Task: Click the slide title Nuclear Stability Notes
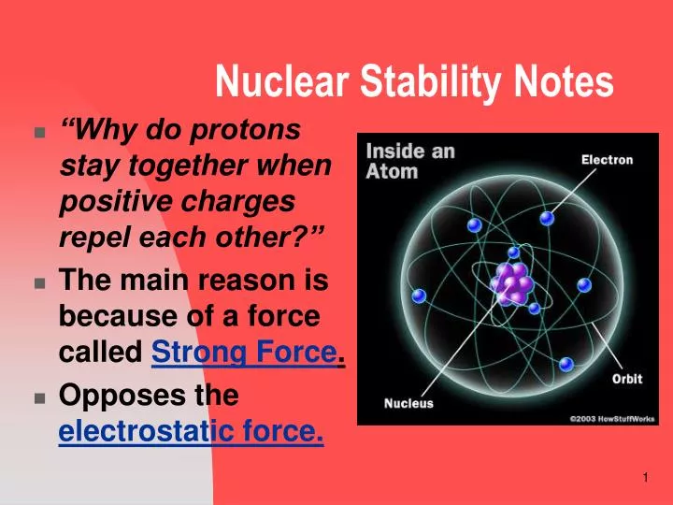pyautogui.click(x=414, y=82)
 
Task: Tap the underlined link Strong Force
pyautogui.click(x=243, y=354)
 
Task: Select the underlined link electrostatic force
pyautogui.click(x=191, y=433)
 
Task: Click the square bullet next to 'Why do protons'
pyautogui.click(x=39, y=133)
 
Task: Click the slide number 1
pyautogui.click(x=645, y=479)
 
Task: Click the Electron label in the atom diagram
pyautogui.click(x=607, y=160)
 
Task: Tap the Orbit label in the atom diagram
pyautogui.click(x=626, y=380)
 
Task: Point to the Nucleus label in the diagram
pyautogui.click(x=408, y=404)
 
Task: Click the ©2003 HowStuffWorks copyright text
pyautogui.click(x=612, y=418)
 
